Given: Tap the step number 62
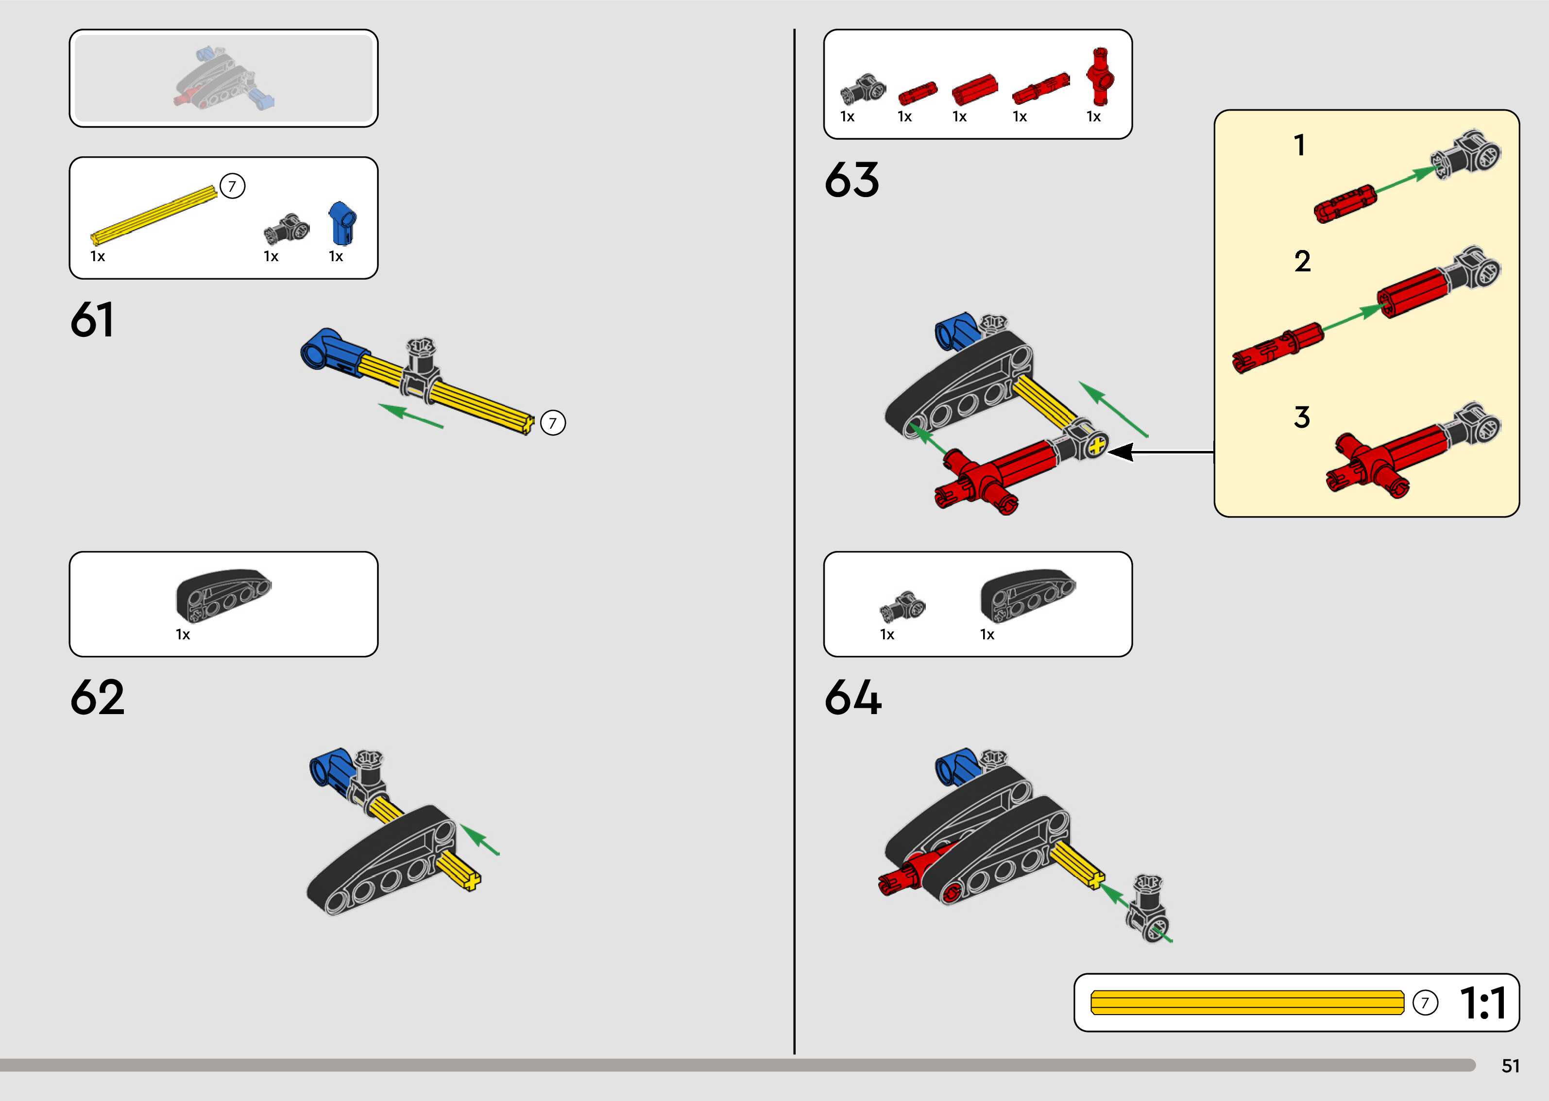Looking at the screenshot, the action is coord(97,697).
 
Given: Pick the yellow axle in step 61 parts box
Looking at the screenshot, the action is coord(154,214).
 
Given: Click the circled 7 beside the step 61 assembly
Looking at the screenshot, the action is coord(553,423).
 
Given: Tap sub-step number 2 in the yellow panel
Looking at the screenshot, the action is coord(1302,262).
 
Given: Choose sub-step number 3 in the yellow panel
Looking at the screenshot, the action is coord(1301,417).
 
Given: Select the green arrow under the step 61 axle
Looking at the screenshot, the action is coord(411,416).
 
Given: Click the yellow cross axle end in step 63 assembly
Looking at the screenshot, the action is coord(1097,446).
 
